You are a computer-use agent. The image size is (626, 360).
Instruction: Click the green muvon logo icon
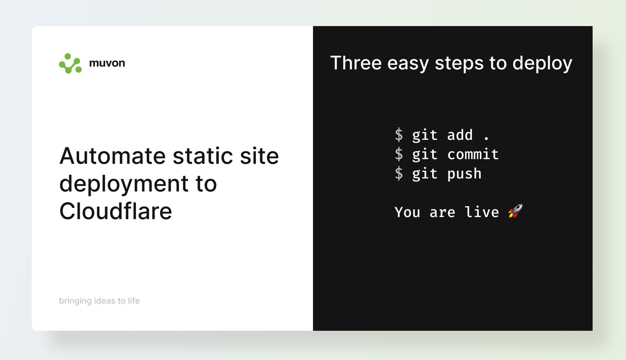[x=70, y=64]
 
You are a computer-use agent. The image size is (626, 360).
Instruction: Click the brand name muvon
[x=107, y=63]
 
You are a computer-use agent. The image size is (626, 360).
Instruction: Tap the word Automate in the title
[x=112, y=156]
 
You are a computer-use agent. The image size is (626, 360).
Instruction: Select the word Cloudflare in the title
[x=116, y=211]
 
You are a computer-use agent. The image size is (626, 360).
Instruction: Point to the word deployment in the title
[x=124, y=185]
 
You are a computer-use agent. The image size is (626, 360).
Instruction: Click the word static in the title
[x=202, y=156]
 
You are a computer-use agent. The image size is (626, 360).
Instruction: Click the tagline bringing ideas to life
[x=99, y=301]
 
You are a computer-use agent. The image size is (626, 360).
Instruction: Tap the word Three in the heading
[x=356, y=63]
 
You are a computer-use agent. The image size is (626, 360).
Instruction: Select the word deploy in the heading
[x=542, y=64]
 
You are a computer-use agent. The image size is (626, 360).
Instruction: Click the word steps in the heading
[x=459, y=64]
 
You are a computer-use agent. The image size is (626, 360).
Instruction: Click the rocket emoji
[x=515, y=211]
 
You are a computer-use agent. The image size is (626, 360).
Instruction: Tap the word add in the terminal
[x=460, y=135]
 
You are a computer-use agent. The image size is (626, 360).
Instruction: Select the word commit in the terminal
[x=473, y=154]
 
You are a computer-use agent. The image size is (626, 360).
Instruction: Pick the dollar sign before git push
[x=399, y=173]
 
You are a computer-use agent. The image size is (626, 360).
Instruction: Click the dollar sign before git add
[x=399, y=135]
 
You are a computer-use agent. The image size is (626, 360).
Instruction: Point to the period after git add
[x=486, y=138]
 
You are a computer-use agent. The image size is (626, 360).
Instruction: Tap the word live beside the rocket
[x=482, y=212]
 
